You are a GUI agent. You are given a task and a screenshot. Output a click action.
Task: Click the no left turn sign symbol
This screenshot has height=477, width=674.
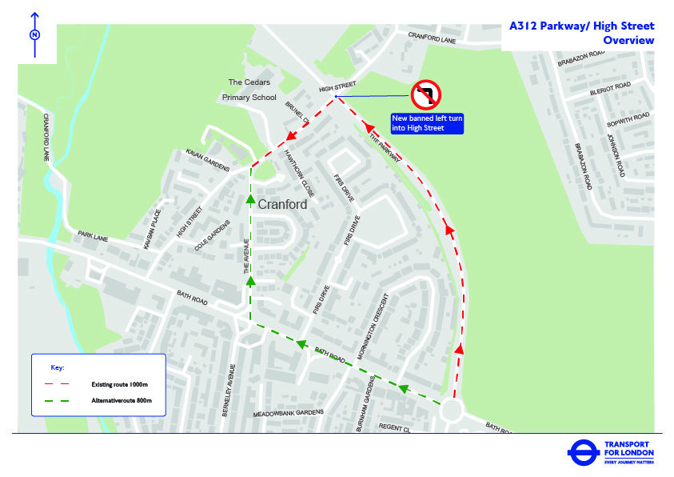tap(426, 96)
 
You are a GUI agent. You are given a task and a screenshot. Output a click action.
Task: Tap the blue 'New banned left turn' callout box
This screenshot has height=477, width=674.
tap(427, 123)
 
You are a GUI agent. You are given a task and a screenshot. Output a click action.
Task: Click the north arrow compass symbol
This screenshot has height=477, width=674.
tap(34, 35)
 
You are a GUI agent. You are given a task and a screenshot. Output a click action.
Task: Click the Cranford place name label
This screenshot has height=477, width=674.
tap(282, 205)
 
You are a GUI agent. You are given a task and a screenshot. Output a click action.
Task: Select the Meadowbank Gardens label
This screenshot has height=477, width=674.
tap(289, 412)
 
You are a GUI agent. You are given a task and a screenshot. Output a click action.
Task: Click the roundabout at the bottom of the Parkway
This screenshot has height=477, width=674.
tap(451, 411)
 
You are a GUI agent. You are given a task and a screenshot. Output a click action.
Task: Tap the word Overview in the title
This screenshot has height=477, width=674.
tap(628, 41)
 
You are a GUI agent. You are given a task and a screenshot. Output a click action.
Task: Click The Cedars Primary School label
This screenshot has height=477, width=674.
tap(249, 90)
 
